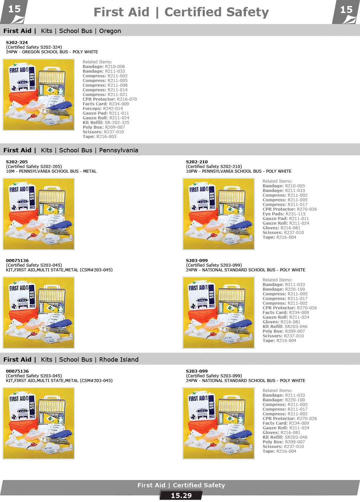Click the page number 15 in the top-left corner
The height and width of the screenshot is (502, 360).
tap(14, 9)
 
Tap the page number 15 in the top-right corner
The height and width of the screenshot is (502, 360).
tap(346, 10)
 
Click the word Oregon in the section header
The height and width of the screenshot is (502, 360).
tap(110, 31)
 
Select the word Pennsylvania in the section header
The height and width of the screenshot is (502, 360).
tap(118, 150)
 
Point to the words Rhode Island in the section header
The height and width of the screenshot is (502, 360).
tap(119, 360)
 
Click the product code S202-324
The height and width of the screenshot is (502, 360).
tap(17, 43)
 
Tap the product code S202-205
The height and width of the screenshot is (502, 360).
tap(17, 162)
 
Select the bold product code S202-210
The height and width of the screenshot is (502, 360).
tap(197, 162)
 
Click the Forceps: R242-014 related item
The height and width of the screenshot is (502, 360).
tap(103, 109)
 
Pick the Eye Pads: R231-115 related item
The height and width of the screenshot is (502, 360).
tap(284, 214)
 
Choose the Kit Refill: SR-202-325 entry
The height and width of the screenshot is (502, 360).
tap(106, 123)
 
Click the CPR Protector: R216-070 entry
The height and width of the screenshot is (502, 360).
tap(110, 99)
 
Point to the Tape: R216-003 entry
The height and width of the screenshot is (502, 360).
tap(99, 137)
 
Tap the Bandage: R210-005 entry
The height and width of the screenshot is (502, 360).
tap(283, 186)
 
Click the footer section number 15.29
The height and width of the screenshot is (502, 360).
tap(181, 496)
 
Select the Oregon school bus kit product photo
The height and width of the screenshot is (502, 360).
tap(39, 95)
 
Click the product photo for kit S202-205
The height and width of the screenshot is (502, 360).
tap(39, 214)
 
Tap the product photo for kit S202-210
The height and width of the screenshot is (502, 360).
tap(219, 214)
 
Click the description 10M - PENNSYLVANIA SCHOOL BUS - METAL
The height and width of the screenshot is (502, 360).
tap(51, 171)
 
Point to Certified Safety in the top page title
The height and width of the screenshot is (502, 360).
tap(216, 12)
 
